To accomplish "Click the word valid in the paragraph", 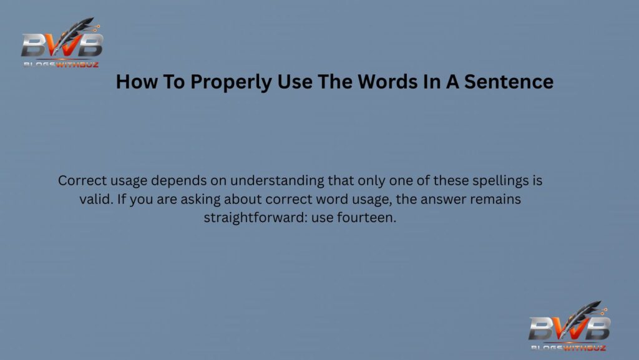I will pyautogui.click(x=79, y=200).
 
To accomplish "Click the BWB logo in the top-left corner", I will pyautogui.click(x=62, y=42).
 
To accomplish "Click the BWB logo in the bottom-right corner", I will pyautogui.click(x=569, y=326).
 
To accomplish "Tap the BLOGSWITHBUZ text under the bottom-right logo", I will pyautogui.click(x=568, y=347).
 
